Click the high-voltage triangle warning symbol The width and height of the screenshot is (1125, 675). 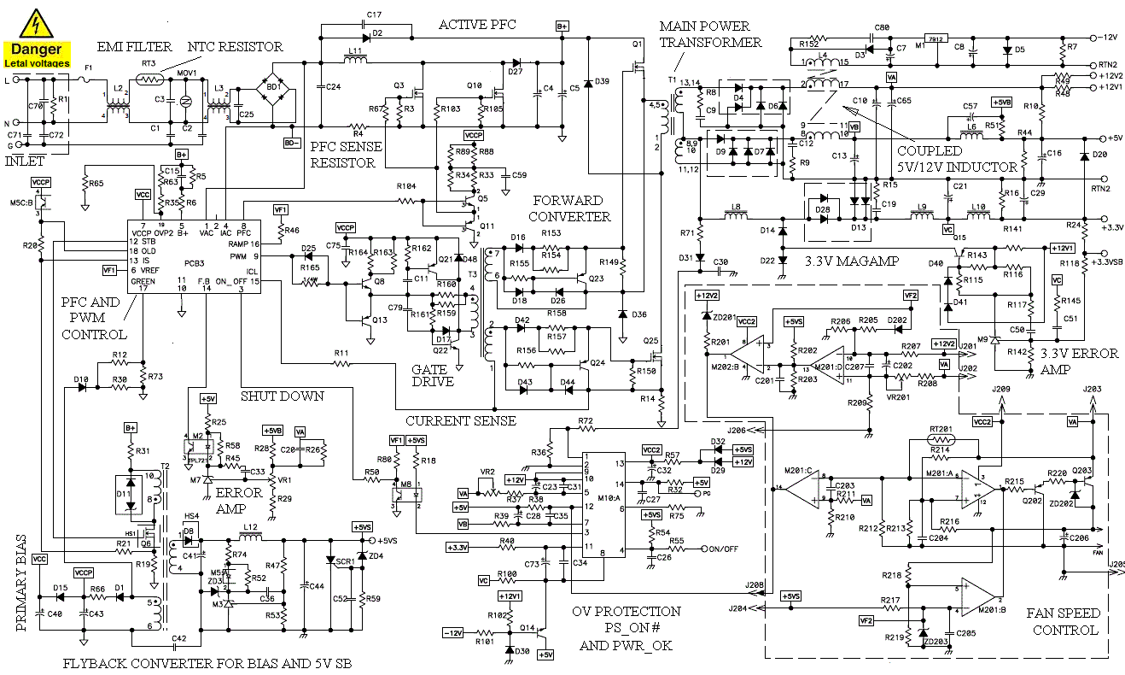coord(37,22)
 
